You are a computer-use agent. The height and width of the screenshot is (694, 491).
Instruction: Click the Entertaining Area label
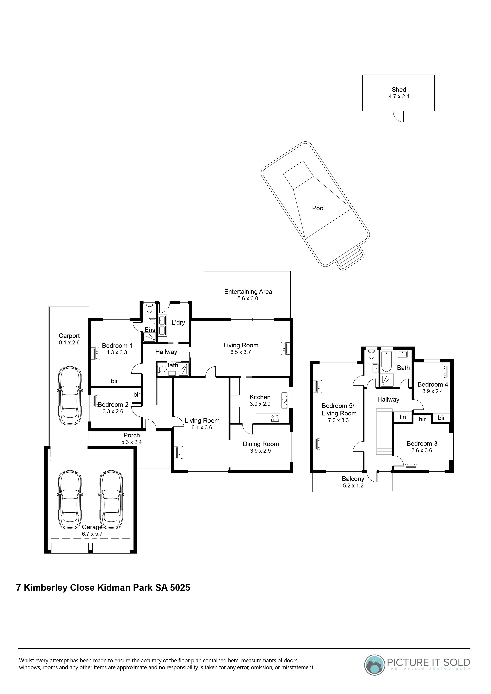(x=248, y=292)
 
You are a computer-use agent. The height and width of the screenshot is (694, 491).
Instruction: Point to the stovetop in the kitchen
(x=275, y=418)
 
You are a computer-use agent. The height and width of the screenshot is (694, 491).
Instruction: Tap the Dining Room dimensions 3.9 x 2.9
(x=260, y=451)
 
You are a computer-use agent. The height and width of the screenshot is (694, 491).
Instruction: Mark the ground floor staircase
(x=164, y=393)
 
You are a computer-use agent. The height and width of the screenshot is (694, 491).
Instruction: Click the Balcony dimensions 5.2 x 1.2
(x=353, y=485)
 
